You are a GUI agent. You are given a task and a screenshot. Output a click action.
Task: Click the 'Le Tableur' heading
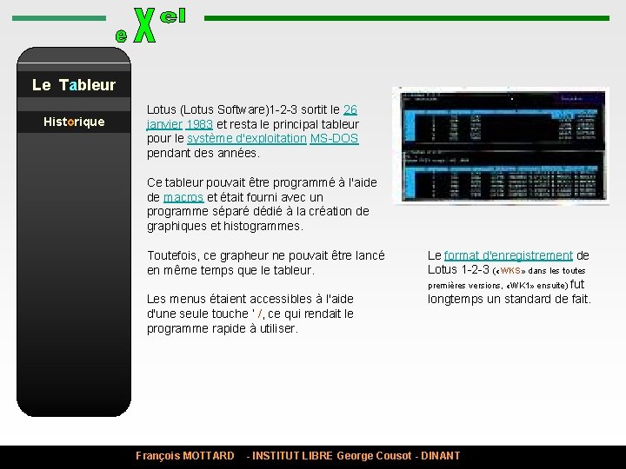pyautogui.click(x=74, y=84)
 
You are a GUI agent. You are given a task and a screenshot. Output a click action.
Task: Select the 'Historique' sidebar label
pyautogui.click(x=74, y=122)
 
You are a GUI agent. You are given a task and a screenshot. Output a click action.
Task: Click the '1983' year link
pyautogui.click(x=199, y=124)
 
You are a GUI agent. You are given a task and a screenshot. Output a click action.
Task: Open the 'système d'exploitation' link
pyautogui.click(x=246, y=138)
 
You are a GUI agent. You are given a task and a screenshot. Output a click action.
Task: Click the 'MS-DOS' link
pyautogui.click(x=334, y=138)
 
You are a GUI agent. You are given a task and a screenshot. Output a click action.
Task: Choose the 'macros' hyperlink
pyautogui.click(x=183, y=197)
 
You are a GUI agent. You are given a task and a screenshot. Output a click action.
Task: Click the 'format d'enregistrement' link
pyautogui.click(x=509, y=255)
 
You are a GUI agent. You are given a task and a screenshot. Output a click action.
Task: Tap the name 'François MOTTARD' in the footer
pyautogui.click(x=185, y=456)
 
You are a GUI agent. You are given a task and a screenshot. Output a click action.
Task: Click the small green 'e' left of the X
pyautogui.click(x=121, y=36)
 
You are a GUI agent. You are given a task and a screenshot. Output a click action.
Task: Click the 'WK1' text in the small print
pyautogui.click(x=521, y=285)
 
